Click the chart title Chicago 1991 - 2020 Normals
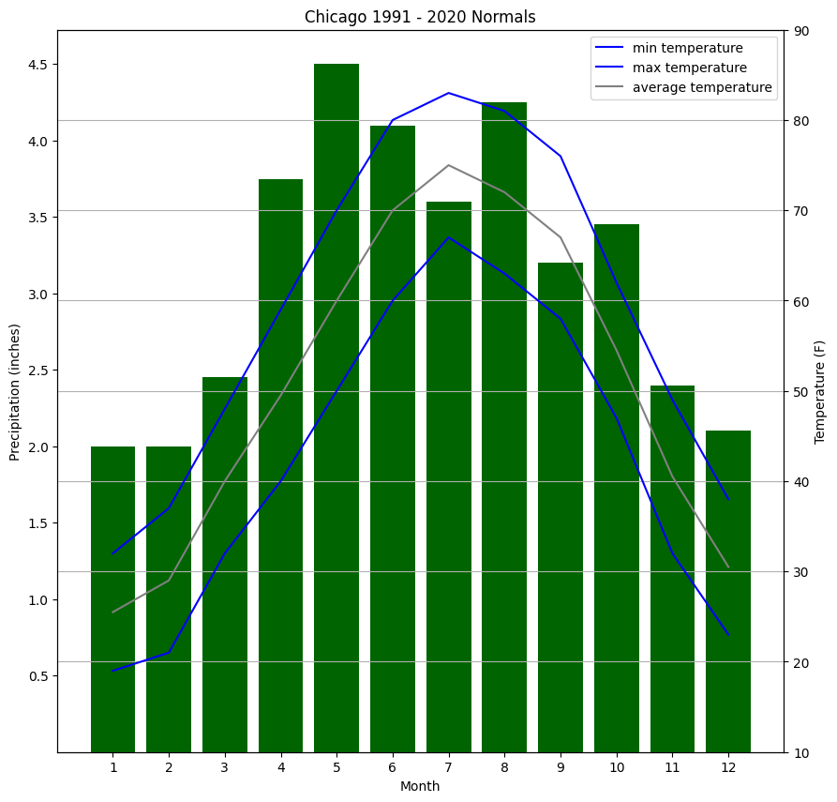point(420,17)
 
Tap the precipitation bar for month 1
point(112,600)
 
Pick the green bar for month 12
point(728,591)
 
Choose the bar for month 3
point(225,563)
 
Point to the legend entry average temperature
point(702,88)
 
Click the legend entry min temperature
point(687,48)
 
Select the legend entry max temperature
point(689,68)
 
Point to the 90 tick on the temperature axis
point(803,31)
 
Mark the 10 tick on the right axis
point(803,752)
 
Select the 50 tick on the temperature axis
point(803,392)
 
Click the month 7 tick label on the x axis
point(449,767)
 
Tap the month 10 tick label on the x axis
point(617,767)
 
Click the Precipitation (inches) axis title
point(15,392)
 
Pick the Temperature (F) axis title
point(820,392)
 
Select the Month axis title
point(420,786)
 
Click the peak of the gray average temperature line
point(449,165)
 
